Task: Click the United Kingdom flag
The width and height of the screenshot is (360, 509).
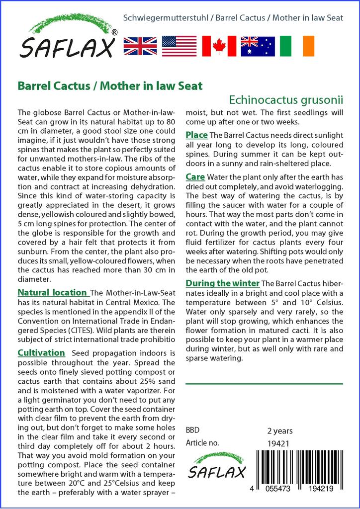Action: click(140, 46)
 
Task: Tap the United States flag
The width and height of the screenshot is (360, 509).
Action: click(179, 46)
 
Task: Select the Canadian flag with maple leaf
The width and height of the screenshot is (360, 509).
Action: click(218, 46)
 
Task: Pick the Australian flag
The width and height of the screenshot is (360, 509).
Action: click(258, 46)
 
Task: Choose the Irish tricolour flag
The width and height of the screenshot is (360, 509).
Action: click(297, 46)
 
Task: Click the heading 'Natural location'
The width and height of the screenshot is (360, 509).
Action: click(52, 293)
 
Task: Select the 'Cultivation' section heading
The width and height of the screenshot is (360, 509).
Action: click(41, 352)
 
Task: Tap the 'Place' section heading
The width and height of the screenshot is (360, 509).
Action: click(196, 135)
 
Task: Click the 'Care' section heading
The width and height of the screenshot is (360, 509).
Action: click(195, 176)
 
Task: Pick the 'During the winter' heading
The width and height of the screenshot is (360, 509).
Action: click(222, 283)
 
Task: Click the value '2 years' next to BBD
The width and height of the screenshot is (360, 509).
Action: click(280, 430)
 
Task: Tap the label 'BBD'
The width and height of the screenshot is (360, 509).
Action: click(192, 430)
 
